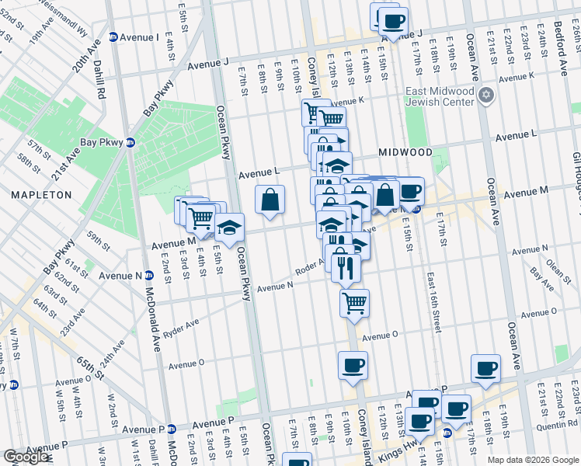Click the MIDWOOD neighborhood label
[405, 151]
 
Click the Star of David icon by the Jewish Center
[486, 96]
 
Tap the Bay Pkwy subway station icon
[130, 143]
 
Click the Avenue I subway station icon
[113, 37]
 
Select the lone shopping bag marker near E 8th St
[270, 200]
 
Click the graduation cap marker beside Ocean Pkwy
[229, 228]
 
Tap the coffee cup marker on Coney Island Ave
[353, 365]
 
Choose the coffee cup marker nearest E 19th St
[485, 369]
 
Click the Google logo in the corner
[26, 457]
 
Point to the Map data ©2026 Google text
[532, 459]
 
